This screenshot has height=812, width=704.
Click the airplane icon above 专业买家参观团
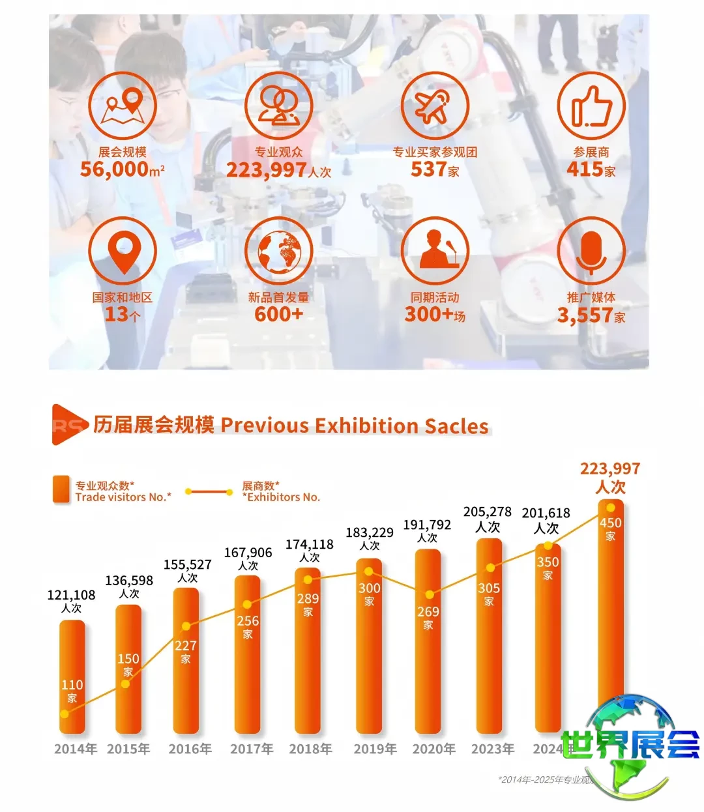point(435,106)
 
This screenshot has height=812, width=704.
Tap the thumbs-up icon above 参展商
point(591,106)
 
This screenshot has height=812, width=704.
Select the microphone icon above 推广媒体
point(591,252)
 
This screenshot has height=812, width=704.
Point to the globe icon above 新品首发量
point(278,252)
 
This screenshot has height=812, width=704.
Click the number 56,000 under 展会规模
point(115,169)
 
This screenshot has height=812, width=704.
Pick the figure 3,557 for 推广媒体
point(585,315)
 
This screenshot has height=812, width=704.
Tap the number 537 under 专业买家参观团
point(427,169)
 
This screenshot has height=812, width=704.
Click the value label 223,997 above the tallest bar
point(610,469)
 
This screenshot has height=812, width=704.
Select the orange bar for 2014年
point(72,678)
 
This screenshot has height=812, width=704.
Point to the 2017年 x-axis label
point(252,749)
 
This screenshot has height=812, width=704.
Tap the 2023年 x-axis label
point(493,749)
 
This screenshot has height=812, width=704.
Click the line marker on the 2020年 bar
point(429,594)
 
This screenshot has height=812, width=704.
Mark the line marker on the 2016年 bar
point(186,626)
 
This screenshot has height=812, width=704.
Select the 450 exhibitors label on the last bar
point(611,523)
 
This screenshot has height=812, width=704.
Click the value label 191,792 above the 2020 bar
point(427,525)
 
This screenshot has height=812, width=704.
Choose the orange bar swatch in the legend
point(61,489)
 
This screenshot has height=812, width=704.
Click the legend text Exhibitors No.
point(284,497)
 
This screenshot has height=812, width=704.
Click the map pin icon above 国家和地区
point(123,252)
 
